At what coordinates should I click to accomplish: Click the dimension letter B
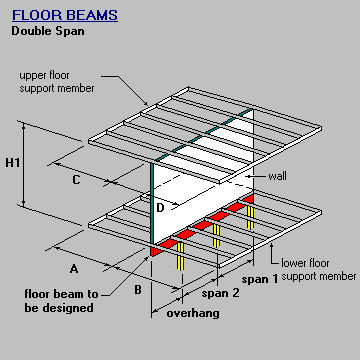point(138,291)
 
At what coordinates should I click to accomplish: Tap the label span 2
point(221,294)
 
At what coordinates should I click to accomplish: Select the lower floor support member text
point(317,269)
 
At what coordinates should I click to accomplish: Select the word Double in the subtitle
point(30,30)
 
